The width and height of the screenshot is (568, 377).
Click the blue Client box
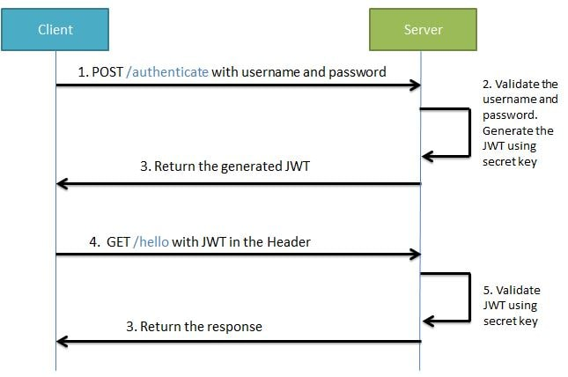[55, 30]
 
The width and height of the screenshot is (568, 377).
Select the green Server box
[423, 30]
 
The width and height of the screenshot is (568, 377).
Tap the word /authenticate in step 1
[168, 72]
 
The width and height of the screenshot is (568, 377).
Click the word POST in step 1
[109, 72]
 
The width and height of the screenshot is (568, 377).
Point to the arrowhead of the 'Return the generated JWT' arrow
[62, 183]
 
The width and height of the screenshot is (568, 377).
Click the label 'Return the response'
[194, 326]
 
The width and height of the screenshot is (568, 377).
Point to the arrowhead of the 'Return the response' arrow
[62, 340]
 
